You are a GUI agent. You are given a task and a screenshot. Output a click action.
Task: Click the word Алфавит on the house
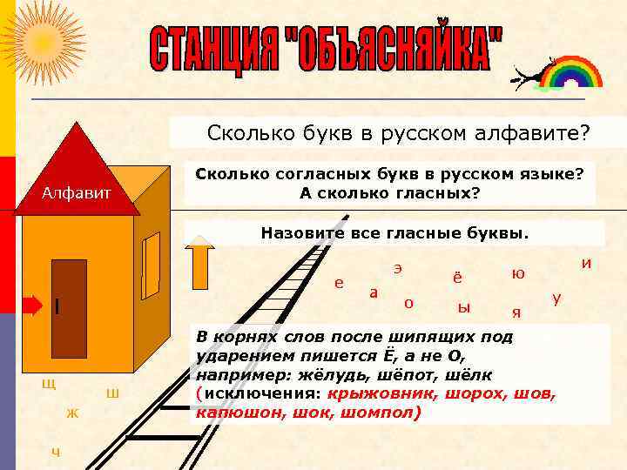[77, 192]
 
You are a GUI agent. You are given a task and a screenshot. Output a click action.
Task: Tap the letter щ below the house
[49, 383]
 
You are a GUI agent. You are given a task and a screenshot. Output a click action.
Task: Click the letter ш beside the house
[112, 394]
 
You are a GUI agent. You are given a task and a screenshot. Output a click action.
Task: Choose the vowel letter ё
[457, 276]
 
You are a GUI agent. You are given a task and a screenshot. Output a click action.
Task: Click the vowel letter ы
[463, 306]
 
